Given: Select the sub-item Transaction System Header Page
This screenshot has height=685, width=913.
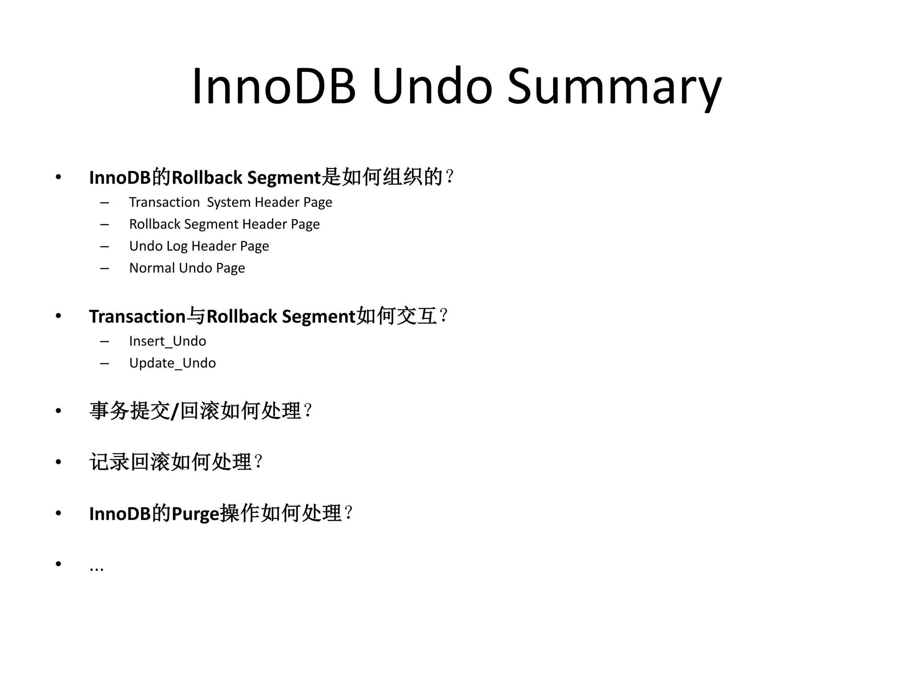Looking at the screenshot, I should coord(230,202).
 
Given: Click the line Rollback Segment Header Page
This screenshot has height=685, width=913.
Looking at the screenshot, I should coord(224,224).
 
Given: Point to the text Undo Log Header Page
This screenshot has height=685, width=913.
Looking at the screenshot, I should coord(199,246).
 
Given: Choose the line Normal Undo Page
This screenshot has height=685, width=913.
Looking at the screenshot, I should coord(187,268).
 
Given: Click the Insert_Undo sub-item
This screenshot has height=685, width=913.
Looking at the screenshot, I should coord(168,341).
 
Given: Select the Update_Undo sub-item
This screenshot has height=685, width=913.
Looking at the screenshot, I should coord(173,363).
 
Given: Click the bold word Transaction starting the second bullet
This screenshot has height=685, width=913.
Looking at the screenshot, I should coord(137,317).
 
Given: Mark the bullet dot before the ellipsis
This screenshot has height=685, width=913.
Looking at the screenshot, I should coord(58,564).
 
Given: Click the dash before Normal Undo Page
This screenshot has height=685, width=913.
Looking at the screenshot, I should coord(105,268).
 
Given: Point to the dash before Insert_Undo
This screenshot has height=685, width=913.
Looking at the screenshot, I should coord(105,342).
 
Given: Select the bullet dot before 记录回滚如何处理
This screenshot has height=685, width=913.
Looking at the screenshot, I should coord(58,462).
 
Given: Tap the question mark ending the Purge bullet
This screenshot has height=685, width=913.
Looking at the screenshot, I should coord(349,513).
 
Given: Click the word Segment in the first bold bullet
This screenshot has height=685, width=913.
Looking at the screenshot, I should coord(284,178).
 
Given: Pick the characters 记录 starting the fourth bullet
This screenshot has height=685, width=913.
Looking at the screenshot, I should coord(109,462).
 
